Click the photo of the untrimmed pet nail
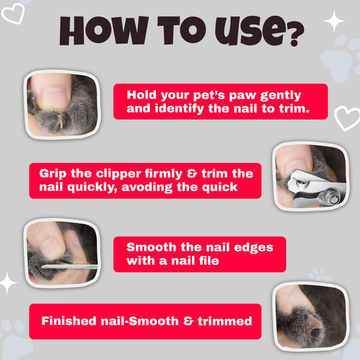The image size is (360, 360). tap(61, 101)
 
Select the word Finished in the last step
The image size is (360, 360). tap(68, 320)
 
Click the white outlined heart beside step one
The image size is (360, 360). tap(347, 118)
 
